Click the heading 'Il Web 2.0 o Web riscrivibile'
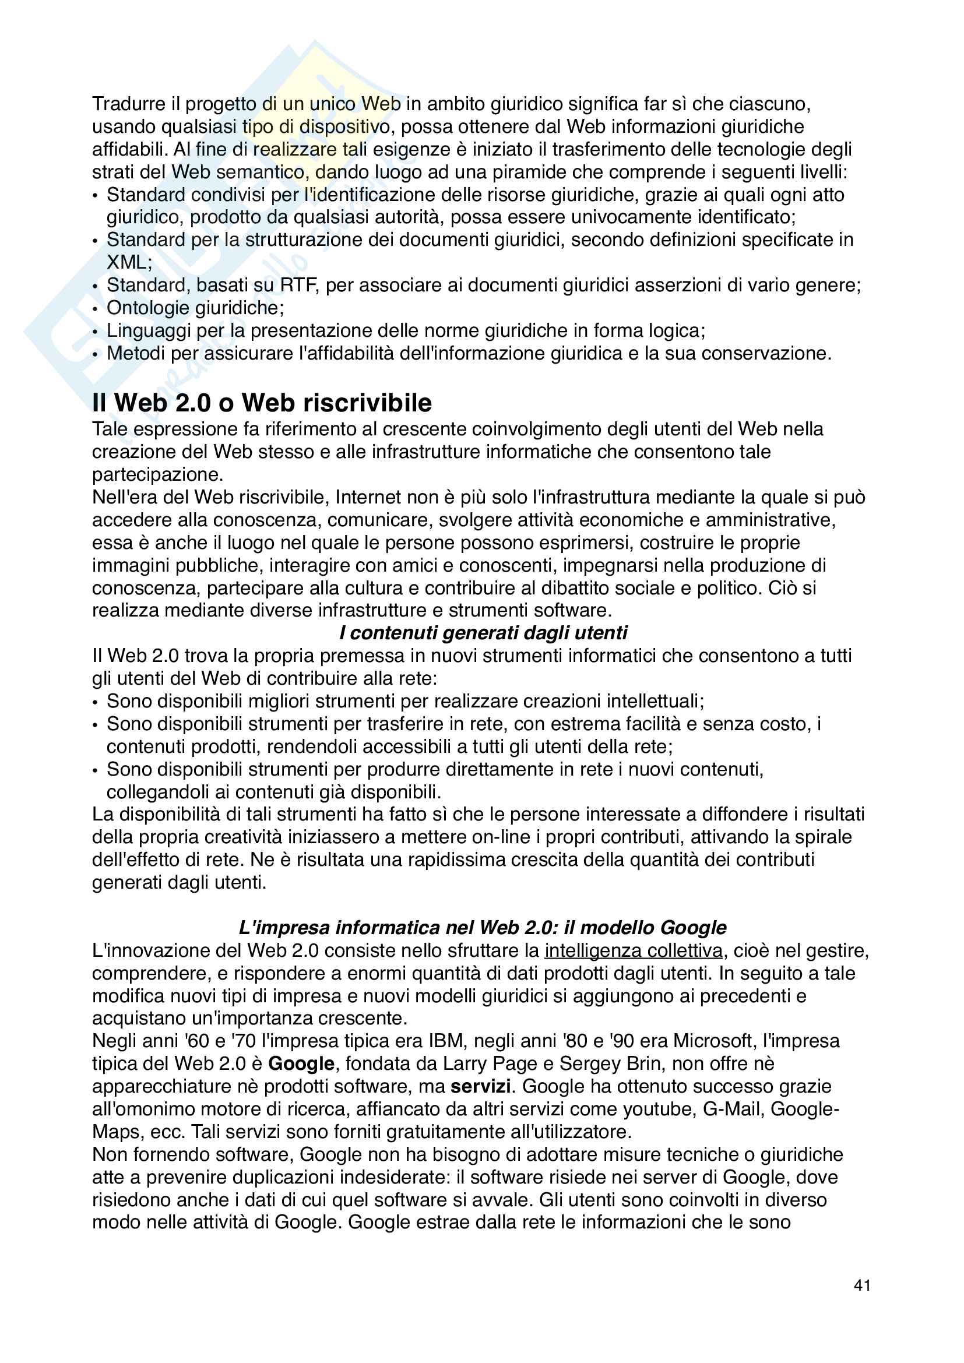(x=262, y=403)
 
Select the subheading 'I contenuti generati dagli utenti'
(x=483, y=633)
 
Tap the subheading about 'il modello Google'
(x=482, y=927)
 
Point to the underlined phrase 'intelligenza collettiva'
(x=634, y=950)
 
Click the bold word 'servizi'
(x=480, y=1086)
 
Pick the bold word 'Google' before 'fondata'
(x=301, y=1064)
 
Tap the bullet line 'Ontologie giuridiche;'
(x=195, y=308)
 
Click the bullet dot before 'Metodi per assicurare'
(x=96, y=355)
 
